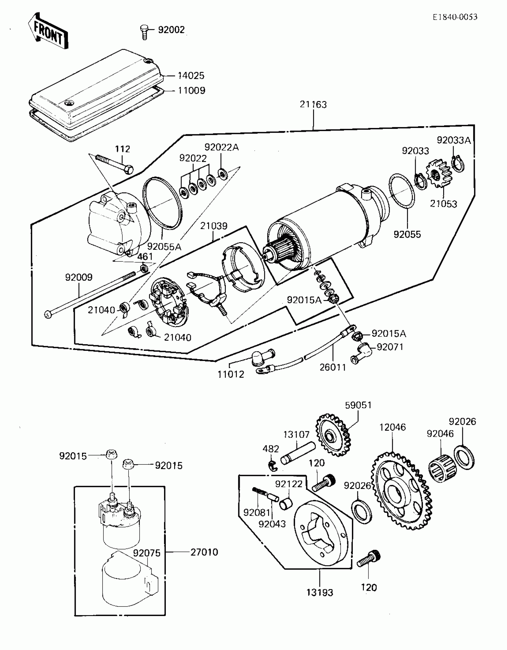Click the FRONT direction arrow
coord(48,32)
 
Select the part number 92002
coord(171,30)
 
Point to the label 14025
coord(191,76)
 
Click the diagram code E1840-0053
coord(455,17)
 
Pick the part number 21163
coord(313,105)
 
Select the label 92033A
coord(454,140)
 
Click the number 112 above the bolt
coord(123,149)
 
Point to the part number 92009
coord(79,277)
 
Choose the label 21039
coord(214,226)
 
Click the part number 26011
coord(333,367)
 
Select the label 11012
coord(231,374)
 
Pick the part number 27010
coord(204,552)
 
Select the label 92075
coord(147,553)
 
